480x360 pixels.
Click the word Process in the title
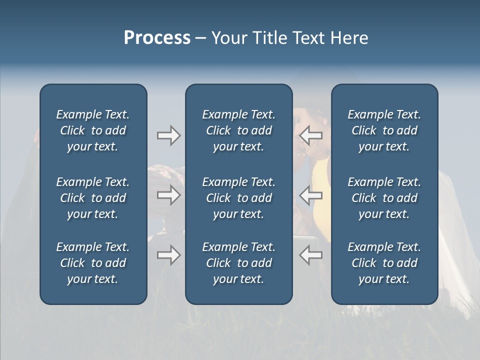click(157, 37)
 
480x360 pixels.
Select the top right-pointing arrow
click(168, 135)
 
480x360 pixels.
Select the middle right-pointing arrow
click(168, 195)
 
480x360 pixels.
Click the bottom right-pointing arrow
click(168, 255)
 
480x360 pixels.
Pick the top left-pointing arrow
click(311, 135)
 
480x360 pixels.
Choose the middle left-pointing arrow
click(311, 195)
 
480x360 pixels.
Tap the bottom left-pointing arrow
click(311, 255)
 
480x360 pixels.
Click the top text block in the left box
click(93, 130)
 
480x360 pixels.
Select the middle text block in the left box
click(93, 198)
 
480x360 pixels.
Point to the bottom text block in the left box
click(93, 263)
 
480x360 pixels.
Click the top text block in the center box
click(238, 130)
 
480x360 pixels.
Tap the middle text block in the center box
click(238, 198)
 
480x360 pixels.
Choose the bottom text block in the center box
click(238, 263)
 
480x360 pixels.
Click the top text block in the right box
click(384, 130)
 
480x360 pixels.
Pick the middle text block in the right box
click(384, 198)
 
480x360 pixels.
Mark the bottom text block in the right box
click(384, 263)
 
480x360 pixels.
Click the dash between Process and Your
click(200, 38)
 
